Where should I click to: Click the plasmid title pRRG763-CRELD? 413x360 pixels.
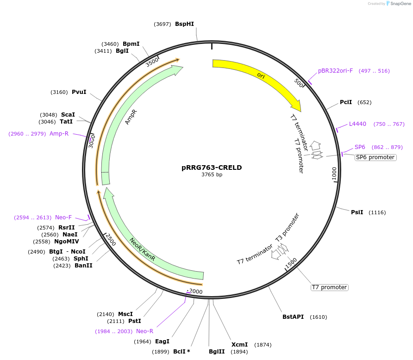coord(212,168)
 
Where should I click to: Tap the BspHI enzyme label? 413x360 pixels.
coord(184,24)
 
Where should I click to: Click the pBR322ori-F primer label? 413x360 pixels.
coord(335,71)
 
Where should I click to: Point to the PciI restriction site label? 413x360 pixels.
coord(346,102)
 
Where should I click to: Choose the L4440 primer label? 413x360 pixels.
coord(357,124)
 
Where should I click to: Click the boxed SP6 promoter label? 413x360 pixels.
coord(375,157)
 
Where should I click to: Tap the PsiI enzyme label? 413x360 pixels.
coord(357,212)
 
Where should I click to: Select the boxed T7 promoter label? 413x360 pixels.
coord(329,287)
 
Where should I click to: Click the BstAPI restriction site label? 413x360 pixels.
coord(293,317)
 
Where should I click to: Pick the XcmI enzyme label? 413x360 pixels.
coord(239,345)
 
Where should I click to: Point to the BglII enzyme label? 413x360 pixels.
coord(216,351)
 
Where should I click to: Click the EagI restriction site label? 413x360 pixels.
coord(162,341)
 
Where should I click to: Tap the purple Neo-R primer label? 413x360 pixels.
coord(144,331)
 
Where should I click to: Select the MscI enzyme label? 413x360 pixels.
coord(125,314)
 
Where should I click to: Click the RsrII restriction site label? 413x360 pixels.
coord(66,227)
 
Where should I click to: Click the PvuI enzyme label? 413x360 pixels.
coord(79,92)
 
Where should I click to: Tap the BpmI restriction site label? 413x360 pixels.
coord(131,44)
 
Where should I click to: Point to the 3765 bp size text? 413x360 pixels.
coord(212,175)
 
